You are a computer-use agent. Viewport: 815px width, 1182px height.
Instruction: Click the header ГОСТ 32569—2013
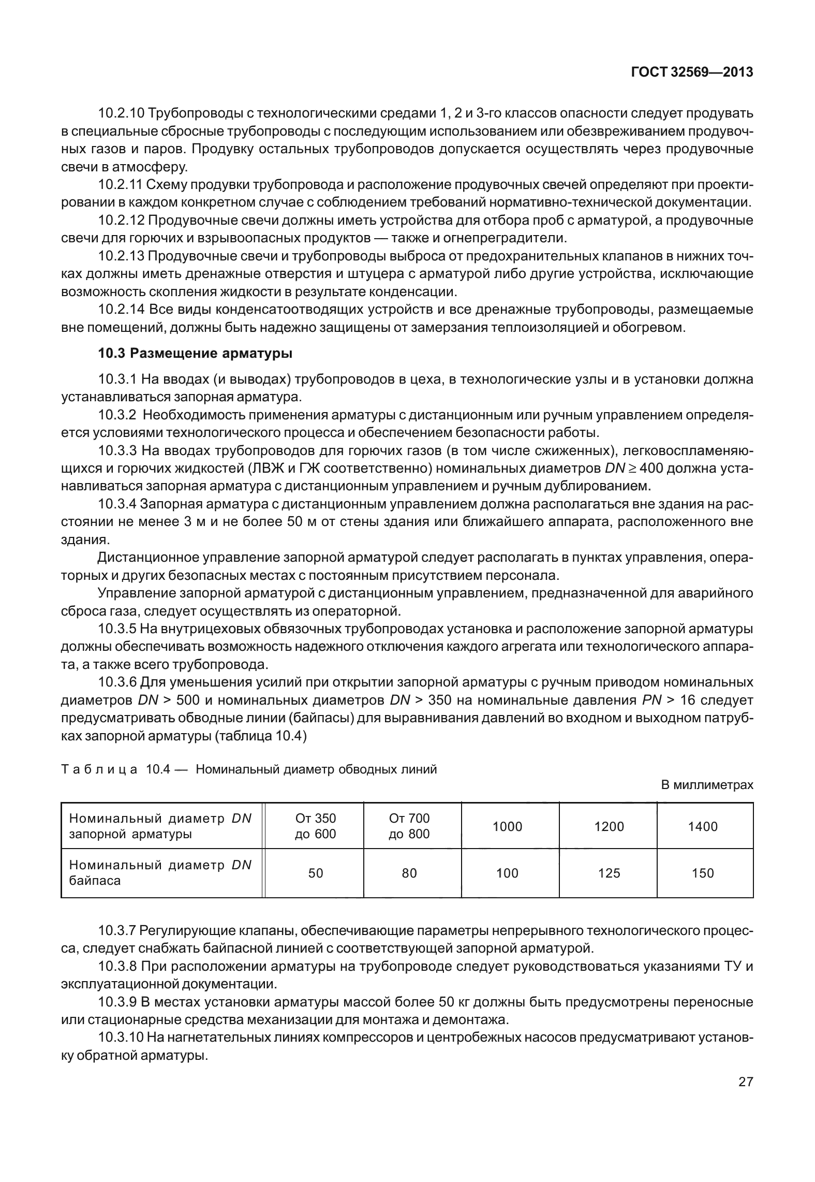692,72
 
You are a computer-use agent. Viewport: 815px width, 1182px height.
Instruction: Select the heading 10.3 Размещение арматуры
195,354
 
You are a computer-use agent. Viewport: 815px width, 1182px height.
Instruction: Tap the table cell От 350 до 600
315,826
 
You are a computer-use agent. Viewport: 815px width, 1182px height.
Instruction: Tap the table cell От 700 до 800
409,826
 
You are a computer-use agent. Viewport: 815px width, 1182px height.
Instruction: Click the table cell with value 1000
507,826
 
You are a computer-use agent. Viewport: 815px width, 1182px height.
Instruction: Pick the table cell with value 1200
609,826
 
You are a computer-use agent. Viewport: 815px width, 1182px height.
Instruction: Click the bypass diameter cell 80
409,873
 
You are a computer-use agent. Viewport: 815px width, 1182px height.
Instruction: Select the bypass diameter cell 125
609,873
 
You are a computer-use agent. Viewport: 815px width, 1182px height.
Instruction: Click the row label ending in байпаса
160,873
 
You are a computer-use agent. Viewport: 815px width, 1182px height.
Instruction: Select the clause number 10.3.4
117,504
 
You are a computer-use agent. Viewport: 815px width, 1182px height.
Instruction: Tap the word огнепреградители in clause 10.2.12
504,238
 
